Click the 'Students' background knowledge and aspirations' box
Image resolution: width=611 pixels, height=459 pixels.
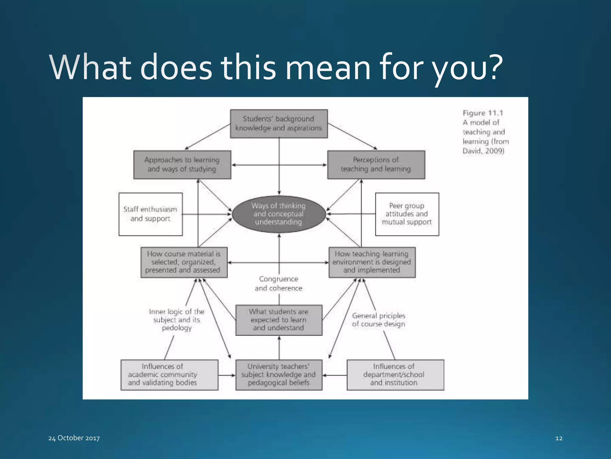(279, 123)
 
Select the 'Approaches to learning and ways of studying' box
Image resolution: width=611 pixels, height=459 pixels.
(182, 165)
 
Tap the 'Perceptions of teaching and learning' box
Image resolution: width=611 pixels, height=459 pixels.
(376, 165)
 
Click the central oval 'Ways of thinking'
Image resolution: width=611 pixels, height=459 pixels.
(279, 214)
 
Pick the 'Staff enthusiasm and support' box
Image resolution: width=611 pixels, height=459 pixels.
(150, 214)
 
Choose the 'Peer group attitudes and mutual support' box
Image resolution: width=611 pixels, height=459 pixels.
(407, 214)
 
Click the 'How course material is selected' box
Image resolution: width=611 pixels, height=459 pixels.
(184, 262)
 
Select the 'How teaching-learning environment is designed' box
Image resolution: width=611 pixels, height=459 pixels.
(372, 262)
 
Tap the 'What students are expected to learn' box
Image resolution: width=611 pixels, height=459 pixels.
(279, 320)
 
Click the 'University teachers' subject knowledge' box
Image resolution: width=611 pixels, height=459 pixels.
(279, 375)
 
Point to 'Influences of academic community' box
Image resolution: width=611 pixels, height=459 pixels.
(169, 375)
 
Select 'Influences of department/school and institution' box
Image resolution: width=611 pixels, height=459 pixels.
(395, 375)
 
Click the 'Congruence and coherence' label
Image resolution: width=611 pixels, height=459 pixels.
(279, 284)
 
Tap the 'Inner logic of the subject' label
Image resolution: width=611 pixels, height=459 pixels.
(177, 320)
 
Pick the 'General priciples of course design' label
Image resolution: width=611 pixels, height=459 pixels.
(378, 320)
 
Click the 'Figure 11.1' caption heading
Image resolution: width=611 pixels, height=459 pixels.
(483, 113)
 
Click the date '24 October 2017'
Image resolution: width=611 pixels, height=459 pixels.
(74, 438)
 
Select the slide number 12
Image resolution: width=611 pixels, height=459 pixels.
(559, 438)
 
